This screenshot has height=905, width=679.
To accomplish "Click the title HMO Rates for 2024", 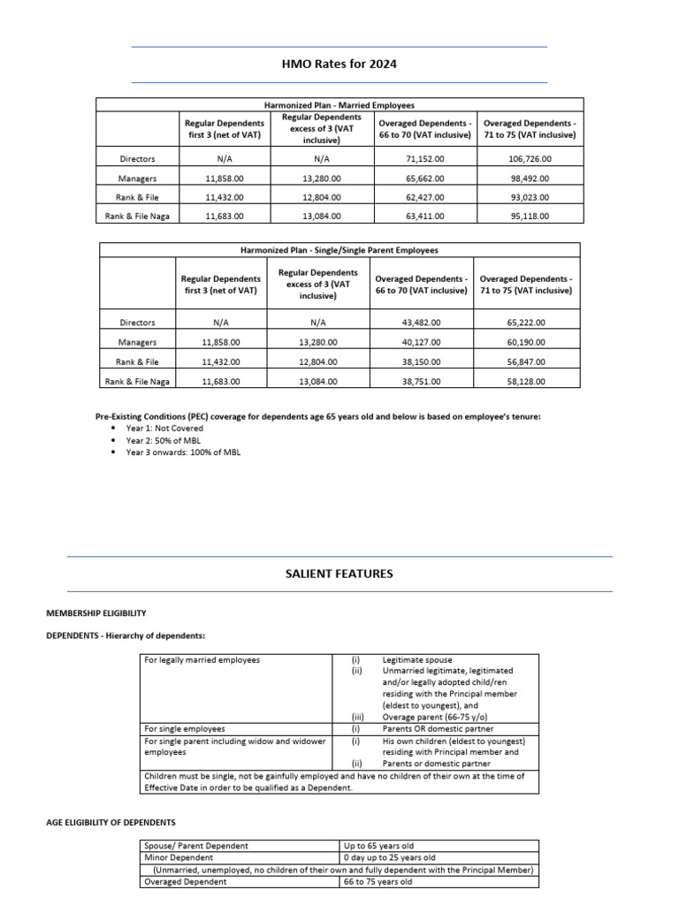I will [339, 64].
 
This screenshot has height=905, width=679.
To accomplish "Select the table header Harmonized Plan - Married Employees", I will [339, 105].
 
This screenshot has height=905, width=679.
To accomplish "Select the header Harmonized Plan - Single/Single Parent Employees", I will [339, 250].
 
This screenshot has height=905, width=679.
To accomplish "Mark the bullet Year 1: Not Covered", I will [164, 428].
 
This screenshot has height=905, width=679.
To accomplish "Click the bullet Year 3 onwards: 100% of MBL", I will [183, 452].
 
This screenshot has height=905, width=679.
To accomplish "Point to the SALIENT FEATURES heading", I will [339, 574].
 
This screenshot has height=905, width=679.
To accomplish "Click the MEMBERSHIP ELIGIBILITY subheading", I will [96, 612].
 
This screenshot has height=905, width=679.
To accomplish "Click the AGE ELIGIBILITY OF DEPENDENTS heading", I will [111, 823].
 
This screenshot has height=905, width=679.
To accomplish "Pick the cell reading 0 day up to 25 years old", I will [390, 858].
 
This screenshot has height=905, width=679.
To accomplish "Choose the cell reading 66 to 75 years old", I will [378, 881].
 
